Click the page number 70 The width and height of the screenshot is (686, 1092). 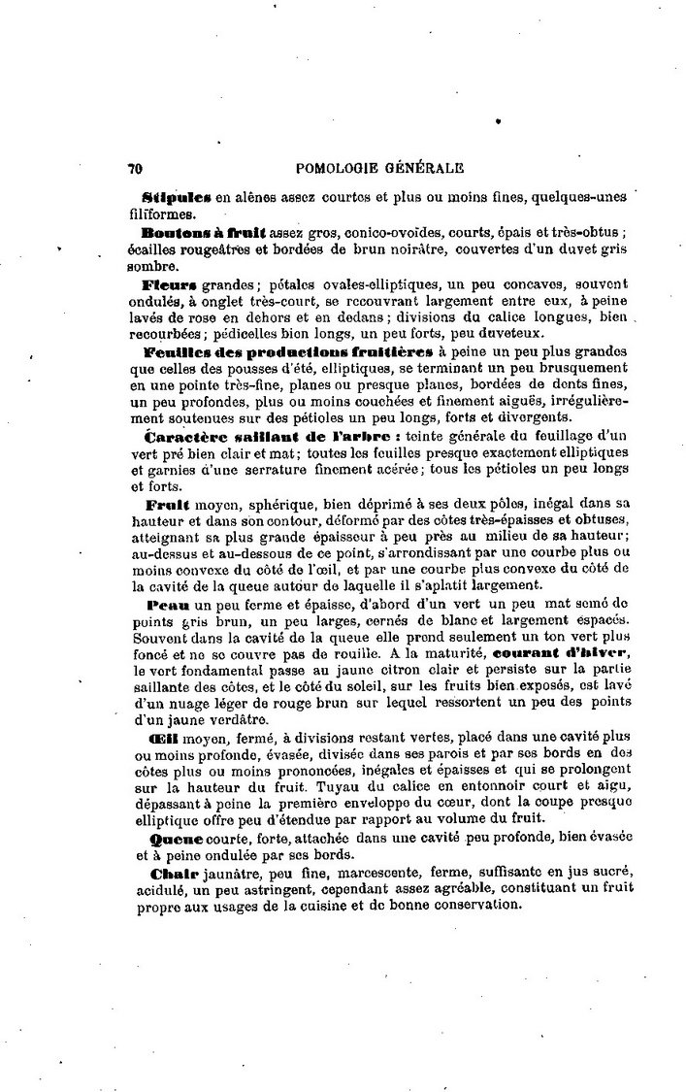click(x=135, y=167)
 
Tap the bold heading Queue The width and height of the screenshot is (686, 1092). click(x=173, y=837)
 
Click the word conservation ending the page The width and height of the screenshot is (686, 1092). click(x=472, y=906)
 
